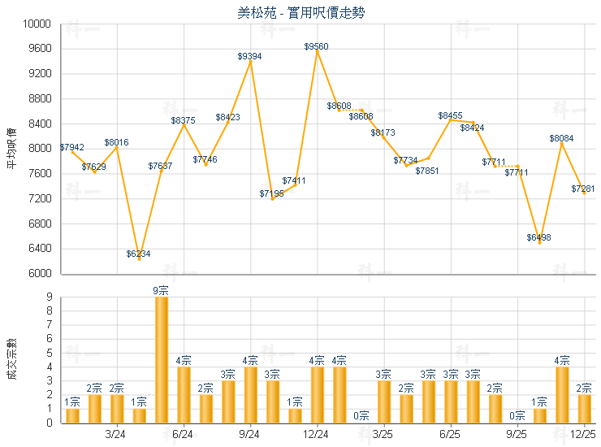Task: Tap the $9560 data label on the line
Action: click(x=317, y=47)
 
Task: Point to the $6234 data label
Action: click(x=138, y=254)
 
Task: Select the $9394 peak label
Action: click(x=249, y=56)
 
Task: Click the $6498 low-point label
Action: click(x=538, y=237)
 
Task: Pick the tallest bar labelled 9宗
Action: click(x=161, y=359)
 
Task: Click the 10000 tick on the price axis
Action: click(x=40, y=24)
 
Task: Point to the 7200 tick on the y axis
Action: click(x=42, y=199)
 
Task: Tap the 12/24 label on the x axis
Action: click(x=317, y=434)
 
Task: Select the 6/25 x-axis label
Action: click(x=451, y=434)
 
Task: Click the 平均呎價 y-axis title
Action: click(x=11, y=149)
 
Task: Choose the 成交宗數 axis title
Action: click(x=11, y=359)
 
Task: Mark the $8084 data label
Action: click(x=561, y=139)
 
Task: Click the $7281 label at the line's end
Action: click(x=582, y=189)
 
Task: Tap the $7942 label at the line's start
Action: click(x=71, y=148)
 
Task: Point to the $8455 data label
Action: click(x=451, y=116)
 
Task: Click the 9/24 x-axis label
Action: click(x=250, y=434)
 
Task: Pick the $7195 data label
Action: click(x=271, y=193)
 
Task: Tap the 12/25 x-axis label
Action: click(x=584, y=434)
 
